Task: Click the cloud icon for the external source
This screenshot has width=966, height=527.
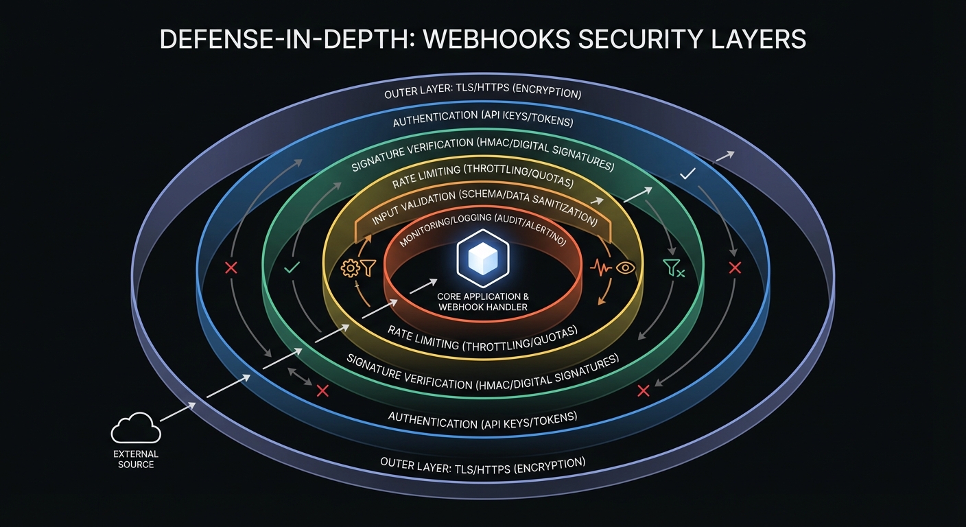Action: click(x=136, y=428)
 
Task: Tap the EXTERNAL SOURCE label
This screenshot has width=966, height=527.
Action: click(x=136, y=459)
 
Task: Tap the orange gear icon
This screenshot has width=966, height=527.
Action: click(x=350, y=268)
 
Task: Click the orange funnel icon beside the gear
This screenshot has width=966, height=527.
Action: click(x=368, y=268)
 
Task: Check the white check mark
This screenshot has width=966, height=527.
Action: click(x=687, y=175)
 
